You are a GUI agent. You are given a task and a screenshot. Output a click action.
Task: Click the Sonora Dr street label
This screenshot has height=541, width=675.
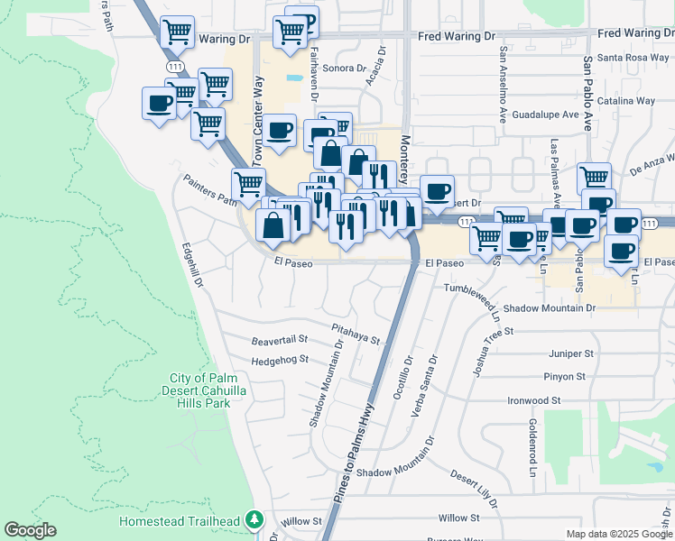coord(344,69)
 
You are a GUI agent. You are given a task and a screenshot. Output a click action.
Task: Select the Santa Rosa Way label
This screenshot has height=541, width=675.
coord(633,58)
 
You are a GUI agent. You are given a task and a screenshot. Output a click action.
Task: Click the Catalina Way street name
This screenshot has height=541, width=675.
coord(631,101)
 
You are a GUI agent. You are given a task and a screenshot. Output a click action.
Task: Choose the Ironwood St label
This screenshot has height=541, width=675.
coord(533,399)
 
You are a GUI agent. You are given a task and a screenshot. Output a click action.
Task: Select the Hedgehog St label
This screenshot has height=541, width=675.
coord(280,359)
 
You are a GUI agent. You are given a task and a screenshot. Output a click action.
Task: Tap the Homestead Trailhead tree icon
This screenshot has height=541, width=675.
coord(255,520)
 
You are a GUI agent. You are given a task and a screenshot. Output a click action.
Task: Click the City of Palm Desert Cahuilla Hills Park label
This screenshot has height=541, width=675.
coord(200,390)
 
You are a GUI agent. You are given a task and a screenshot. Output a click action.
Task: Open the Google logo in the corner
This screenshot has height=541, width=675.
coord(30,530)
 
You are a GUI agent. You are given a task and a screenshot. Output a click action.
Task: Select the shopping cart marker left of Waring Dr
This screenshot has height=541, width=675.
coord(177,32)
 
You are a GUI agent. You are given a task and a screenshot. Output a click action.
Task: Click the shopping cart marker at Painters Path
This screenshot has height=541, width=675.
coord(248,184)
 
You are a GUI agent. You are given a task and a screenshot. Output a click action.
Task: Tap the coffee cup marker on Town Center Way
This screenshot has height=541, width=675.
coord(280,129)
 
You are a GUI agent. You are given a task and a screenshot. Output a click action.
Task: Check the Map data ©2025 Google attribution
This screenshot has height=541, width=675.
coord(618,534)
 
